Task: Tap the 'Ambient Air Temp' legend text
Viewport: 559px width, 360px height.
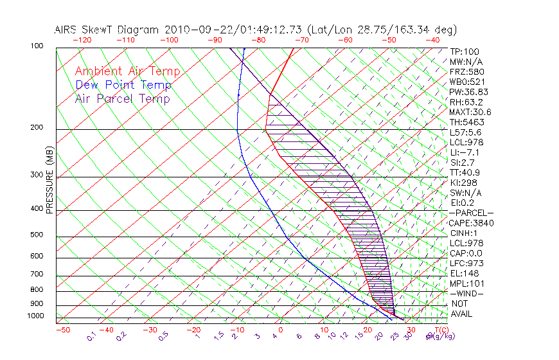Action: click(127, 71)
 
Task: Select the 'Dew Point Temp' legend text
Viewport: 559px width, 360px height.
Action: click(123, 85)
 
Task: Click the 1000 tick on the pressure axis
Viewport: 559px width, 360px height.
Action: click(36, 316)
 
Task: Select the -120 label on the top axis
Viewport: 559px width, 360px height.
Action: click(82, 40)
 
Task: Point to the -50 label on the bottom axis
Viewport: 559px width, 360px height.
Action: click(62, 330)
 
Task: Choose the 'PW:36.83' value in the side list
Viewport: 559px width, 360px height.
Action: click(468, 92)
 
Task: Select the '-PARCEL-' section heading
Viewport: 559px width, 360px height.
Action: click(471, 213)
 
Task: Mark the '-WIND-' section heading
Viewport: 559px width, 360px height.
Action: click(468, 293)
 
